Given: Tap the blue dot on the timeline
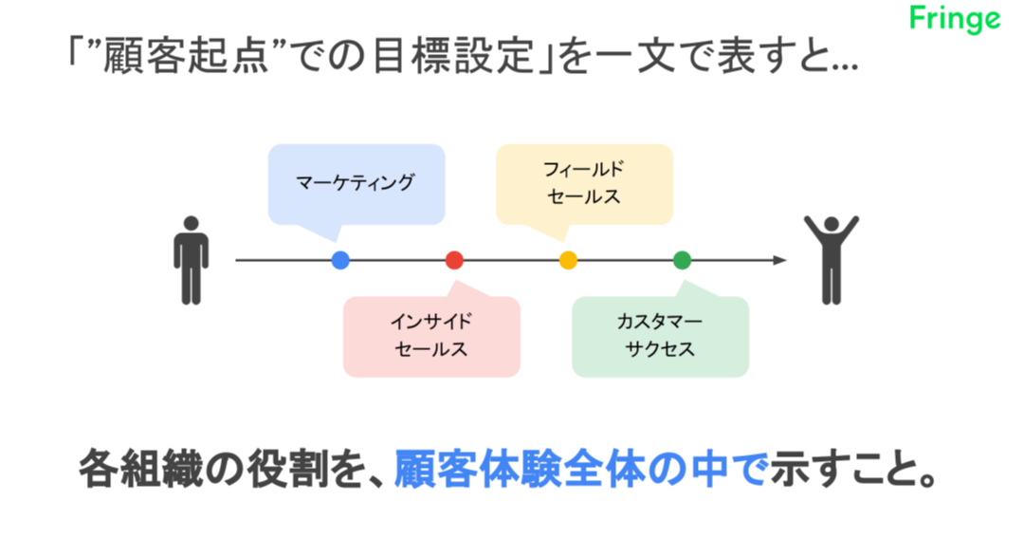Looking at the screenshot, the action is click(x=340, y=260).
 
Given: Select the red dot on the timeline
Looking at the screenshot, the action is click(x=454, y=260).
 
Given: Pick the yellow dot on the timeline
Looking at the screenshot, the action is click(x=568, y=260).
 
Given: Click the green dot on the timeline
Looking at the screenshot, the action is click(x=682, y=260).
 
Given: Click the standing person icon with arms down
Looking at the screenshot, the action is click(x=191, y=260).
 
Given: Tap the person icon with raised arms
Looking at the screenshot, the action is click(x=832, y=260).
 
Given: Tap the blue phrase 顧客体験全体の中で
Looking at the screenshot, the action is click(x=581, y=470).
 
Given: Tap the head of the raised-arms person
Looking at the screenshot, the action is click(x=832, y=224).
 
